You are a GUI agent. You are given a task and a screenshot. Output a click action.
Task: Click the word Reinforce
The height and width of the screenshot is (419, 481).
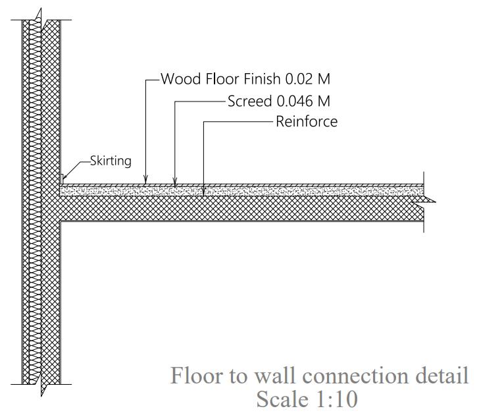(307, 121)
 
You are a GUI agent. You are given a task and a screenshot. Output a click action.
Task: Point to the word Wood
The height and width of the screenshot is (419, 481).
(180, 80)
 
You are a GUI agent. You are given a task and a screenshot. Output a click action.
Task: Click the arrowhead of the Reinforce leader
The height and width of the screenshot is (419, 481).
(204, 194)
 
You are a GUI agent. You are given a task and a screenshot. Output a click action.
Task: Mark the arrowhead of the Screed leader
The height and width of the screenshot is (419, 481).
(174, 184)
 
